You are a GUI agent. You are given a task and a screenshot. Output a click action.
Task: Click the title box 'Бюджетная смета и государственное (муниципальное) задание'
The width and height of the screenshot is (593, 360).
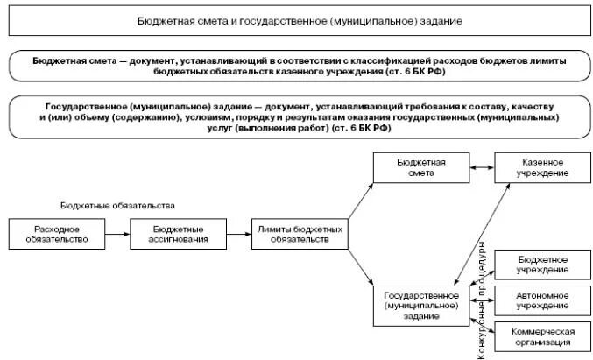(x=300, y=18)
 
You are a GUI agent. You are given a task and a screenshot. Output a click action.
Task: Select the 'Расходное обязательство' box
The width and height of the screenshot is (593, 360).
(x=45, y=234)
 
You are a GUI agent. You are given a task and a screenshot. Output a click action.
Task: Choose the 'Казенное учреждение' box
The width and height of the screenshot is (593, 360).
(x=541, y=167)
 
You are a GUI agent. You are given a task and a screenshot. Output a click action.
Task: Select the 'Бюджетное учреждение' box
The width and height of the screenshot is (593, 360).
(x=541, y=265)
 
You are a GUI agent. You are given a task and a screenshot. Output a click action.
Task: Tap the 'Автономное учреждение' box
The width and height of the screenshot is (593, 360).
(x=541, y=300)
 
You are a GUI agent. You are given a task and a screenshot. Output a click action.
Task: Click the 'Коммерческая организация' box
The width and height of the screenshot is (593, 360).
(x=541, y=337)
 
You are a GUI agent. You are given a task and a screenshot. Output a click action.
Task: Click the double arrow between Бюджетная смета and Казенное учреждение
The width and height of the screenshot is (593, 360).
(x=482, y=167)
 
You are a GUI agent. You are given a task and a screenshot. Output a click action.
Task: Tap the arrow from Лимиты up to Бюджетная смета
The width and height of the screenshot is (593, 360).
(x=360, y=201)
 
